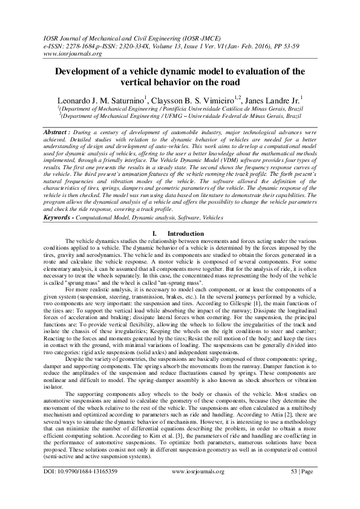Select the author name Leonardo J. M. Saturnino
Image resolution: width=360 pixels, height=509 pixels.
pyautogui.click(x=100, y=99)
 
